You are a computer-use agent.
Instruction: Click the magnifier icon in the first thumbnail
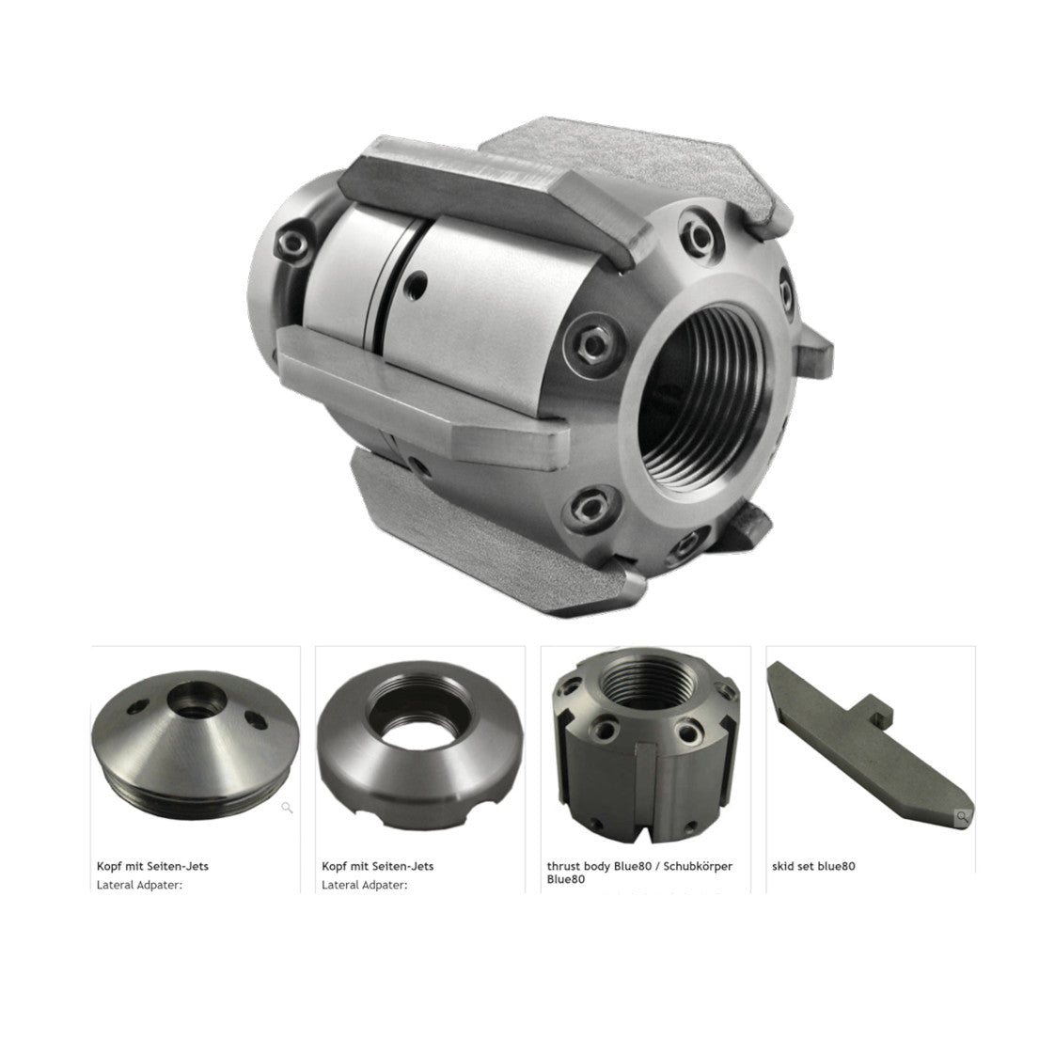click(x=288, y=807)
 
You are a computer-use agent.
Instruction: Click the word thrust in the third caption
click(x=563, y=866)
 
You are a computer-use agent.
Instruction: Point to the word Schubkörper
click(x=699, y=867)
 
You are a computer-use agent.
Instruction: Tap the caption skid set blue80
click(x=813, y=866)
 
